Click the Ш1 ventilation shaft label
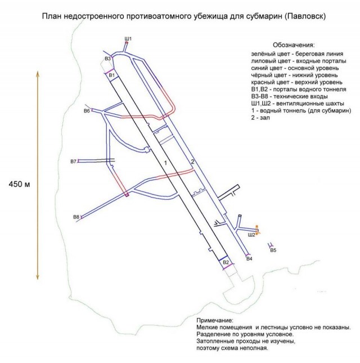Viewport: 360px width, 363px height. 128,38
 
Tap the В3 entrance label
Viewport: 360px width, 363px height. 108,58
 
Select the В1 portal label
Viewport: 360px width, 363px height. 111,75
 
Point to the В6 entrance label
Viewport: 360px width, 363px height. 87,111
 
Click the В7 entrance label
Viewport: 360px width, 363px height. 73,162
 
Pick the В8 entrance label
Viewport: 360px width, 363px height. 76,217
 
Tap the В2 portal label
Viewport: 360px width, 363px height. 226,262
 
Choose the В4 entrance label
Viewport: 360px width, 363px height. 249,258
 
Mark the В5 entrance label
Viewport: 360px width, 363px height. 273,250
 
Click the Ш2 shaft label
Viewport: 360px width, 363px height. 251,235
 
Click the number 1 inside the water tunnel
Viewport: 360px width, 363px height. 165,162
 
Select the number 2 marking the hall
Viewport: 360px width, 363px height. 192,162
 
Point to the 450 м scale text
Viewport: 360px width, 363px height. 20,184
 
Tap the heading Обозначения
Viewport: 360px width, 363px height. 294,45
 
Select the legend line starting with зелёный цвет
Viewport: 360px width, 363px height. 294,53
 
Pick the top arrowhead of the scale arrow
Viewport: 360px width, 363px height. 38,73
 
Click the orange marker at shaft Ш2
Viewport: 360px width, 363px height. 257,230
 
